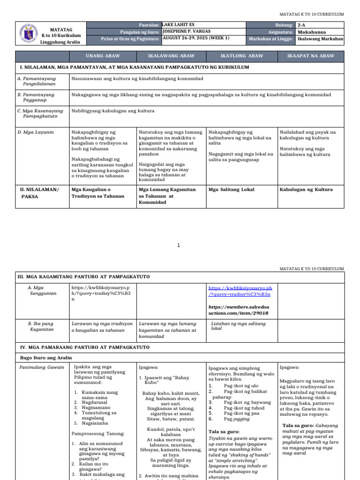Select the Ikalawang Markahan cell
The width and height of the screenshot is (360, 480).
click(x=320, y=39)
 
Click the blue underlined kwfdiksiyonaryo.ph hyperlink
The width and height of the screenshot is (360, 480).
click(x=240, y=291)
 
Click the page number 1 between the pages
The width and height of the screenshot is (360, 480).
click(x=179, y=245)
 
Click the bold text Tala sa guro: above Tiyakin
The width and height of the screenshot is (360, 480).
click(x=224, y=431)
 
